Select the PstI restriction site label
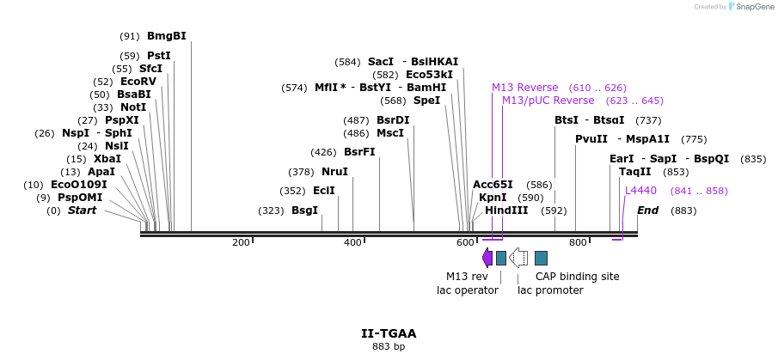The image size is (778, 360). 158,56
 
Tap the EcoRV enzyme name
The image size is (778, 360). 138,82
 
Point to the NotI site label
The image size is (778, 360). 133,107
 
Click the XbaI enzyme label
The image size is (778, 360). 107,159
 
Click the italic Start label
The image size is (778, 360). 82,211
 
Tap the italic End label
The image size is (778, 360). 647,211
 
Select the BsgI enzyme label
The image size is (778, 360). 304,211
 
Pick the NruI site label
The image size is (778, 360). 334,172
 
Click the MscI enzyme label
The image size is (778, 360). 389,133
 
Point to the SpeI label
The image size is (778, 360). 426,101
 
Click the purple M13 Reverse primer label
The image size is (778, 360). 524,88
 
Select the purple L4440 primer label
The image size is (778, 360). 640,191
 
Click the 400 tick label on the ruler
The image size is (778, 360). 352,243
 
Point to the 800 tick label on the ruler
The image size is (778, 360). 577,243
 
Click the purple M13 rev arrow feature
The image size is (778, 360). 487,258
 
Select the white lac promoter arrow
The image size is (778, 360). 518,258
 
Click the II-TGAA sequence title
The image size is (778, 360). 389,333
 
